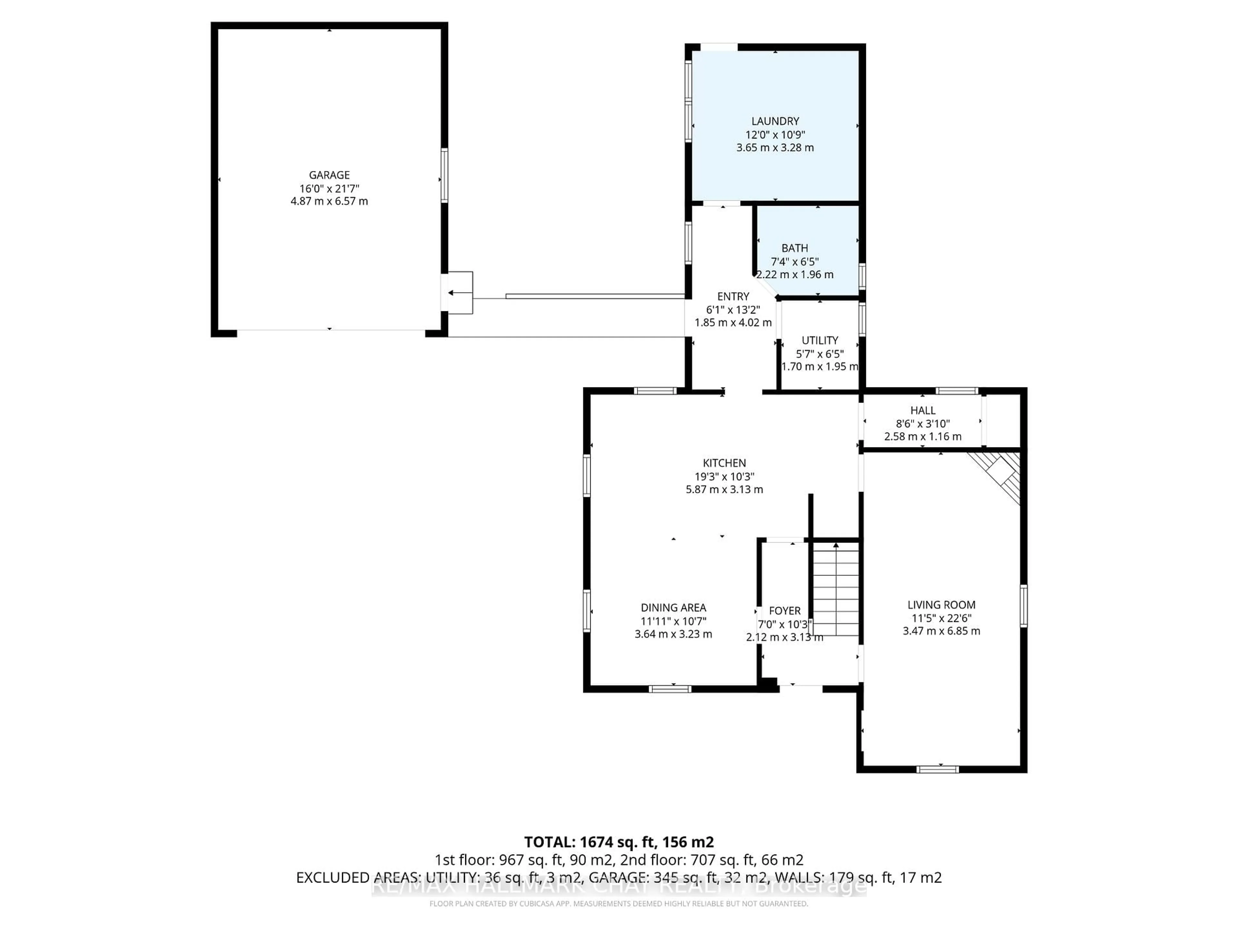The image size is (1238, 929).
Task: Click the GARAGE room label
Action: [329, 175]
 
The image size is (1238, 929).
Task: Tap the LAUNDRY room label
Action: [775, 121]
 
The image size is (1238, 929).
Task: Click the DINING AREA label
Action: [673, 608]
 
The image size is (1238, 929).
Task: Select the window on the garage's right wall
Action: [444, 175]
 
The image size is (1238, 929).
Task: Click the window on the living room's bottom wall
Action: [938, 769]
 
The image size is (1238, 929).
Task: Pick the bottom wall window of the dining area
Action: [670, 689]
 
